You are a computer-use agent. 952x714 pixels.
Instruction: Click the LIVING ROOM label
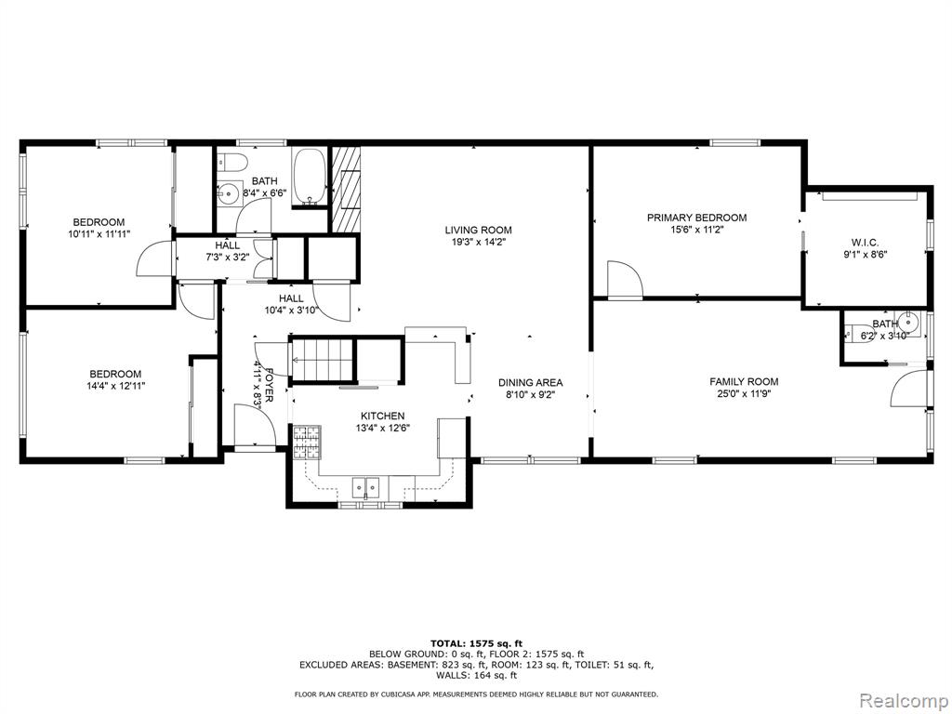click(x=479, y=231)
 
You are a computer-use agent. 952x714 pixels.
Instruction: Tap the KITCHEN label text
click(x=382, y=416)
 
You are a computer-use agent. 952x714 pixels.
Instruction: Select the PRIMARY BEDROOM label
click(x=696, y=218)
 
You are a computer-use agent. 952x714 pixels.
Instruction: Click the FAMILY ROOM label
click(x=744, y=382)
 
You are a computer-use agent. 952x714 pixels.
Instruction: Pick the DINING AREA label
click(x=531, y=383)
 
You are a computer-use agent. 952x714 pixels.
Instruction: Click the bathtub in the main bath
click(x=311, y=176)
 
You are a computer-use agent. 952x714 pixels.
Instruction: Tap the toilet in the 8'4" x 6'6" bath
click(x=233, y=162)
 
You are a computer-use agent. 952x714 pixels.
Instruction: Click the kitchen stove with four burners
click(x=307, y=443)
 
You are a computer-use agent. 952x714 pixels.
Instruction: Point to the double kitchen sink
click(x=365, y=485)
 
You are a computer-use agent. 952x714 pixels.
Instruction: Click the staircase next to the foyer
click(x=323, y=360)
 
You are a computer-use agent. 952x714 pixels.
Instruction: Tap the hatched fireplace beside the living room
click(x=346, y=189)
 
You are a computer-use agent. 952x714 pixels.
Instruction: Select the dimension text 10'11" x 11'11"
click(x=99, y=233)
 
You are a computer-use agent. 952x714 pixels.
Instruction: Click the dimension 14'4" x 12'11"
click(x=116, y=386)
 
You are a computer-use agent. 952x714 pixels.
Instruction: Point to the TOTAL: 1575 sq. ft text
click(x=477, y=643)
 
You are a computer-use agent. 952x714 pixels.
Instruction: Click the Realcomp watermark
click(x=903, y=701)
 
